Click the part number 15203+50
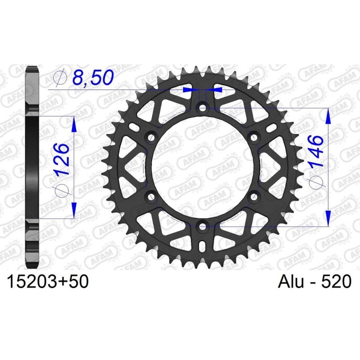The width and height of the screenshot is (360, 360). (47, 282)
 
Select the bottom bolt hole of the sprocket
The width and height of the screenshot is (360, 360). (203, 226)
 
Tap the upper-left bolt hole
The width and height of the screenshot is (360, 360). (151, 137)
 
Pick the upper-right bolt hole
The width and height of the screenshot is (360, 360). (255, 137)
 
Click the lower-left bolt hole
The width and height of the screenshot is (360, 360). (151, 197)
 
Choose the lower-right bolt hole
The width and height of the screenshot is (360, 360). (255, 197)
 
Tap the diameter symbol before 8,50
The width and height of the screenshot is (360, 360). (59, 79)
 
